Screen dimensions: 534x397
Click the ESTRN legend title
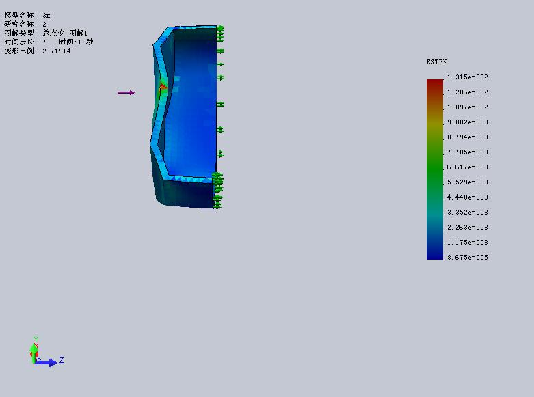pyautogui.click(x=437, y=62)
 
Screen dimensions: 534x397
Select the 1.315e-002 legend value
pyautogui.click(x=467, y=77)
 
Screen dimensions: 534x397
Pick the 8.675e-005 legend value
pyautogui.click(x=467, y=258)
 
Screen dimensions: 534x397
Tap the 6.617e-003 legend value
pyautogui.click(x=467, y=167)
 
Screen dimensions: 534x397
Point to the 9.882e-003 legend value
pyautogui.click(x=467, y=122)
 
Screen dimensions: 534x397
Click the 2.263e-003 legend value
pyautogui.click(x=467, y=227)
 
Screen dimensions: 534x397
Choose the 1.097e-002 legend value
pyautogui.click(x=467, y=107)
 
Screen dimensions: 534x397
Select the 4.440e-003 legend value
pyautogui.click(x=467, y=197)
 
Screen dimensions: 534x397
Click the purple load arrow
pyautogui.click(x=126, y=93)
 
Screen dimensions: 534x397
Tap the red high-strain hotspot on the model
pyautogui.click(x=163, y=87)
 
